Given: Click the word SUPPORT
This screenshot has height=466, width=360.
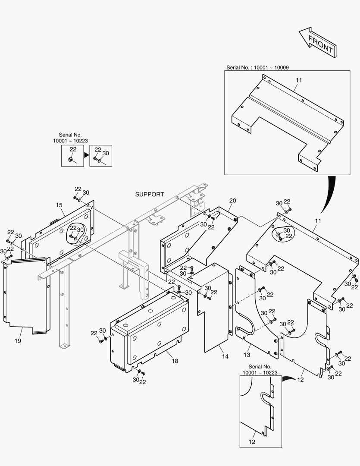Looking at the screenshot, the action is [150, 194].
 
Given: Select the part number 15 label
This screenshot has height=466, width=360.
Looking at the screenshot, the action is [59, 205].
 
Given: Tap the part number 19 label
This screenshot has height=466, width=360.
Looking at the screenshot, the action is [18, 341].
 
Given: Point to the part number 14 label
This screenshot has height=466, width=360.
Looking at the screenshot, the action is [225, 356].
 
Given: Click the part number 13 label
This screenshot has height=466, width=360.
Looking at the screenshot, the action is [247, 355].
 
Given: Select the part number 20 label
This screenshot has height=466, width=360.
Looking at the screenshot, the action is [232, 201].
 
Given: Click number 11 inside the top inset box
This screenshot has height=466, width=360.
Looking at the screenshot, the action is [299, 80].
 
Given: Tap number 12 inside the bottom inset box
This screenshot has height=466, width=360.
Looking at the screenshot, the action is [252, 441].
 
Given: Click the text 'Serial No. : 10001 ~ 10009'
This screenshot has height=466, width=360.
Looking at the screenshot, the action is [257, 67].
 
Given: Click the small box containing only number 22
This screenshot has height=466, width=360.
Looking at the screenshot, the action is [72, 155].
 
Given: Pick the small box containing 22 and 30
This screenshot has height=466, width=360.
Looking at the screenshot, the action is [101, 155].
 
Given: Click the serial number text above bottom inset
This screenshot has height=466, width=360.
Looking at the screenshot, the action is [260, 369].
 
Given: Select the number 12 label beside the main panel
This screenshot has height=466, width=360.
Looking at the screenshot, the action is [301, 380].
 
